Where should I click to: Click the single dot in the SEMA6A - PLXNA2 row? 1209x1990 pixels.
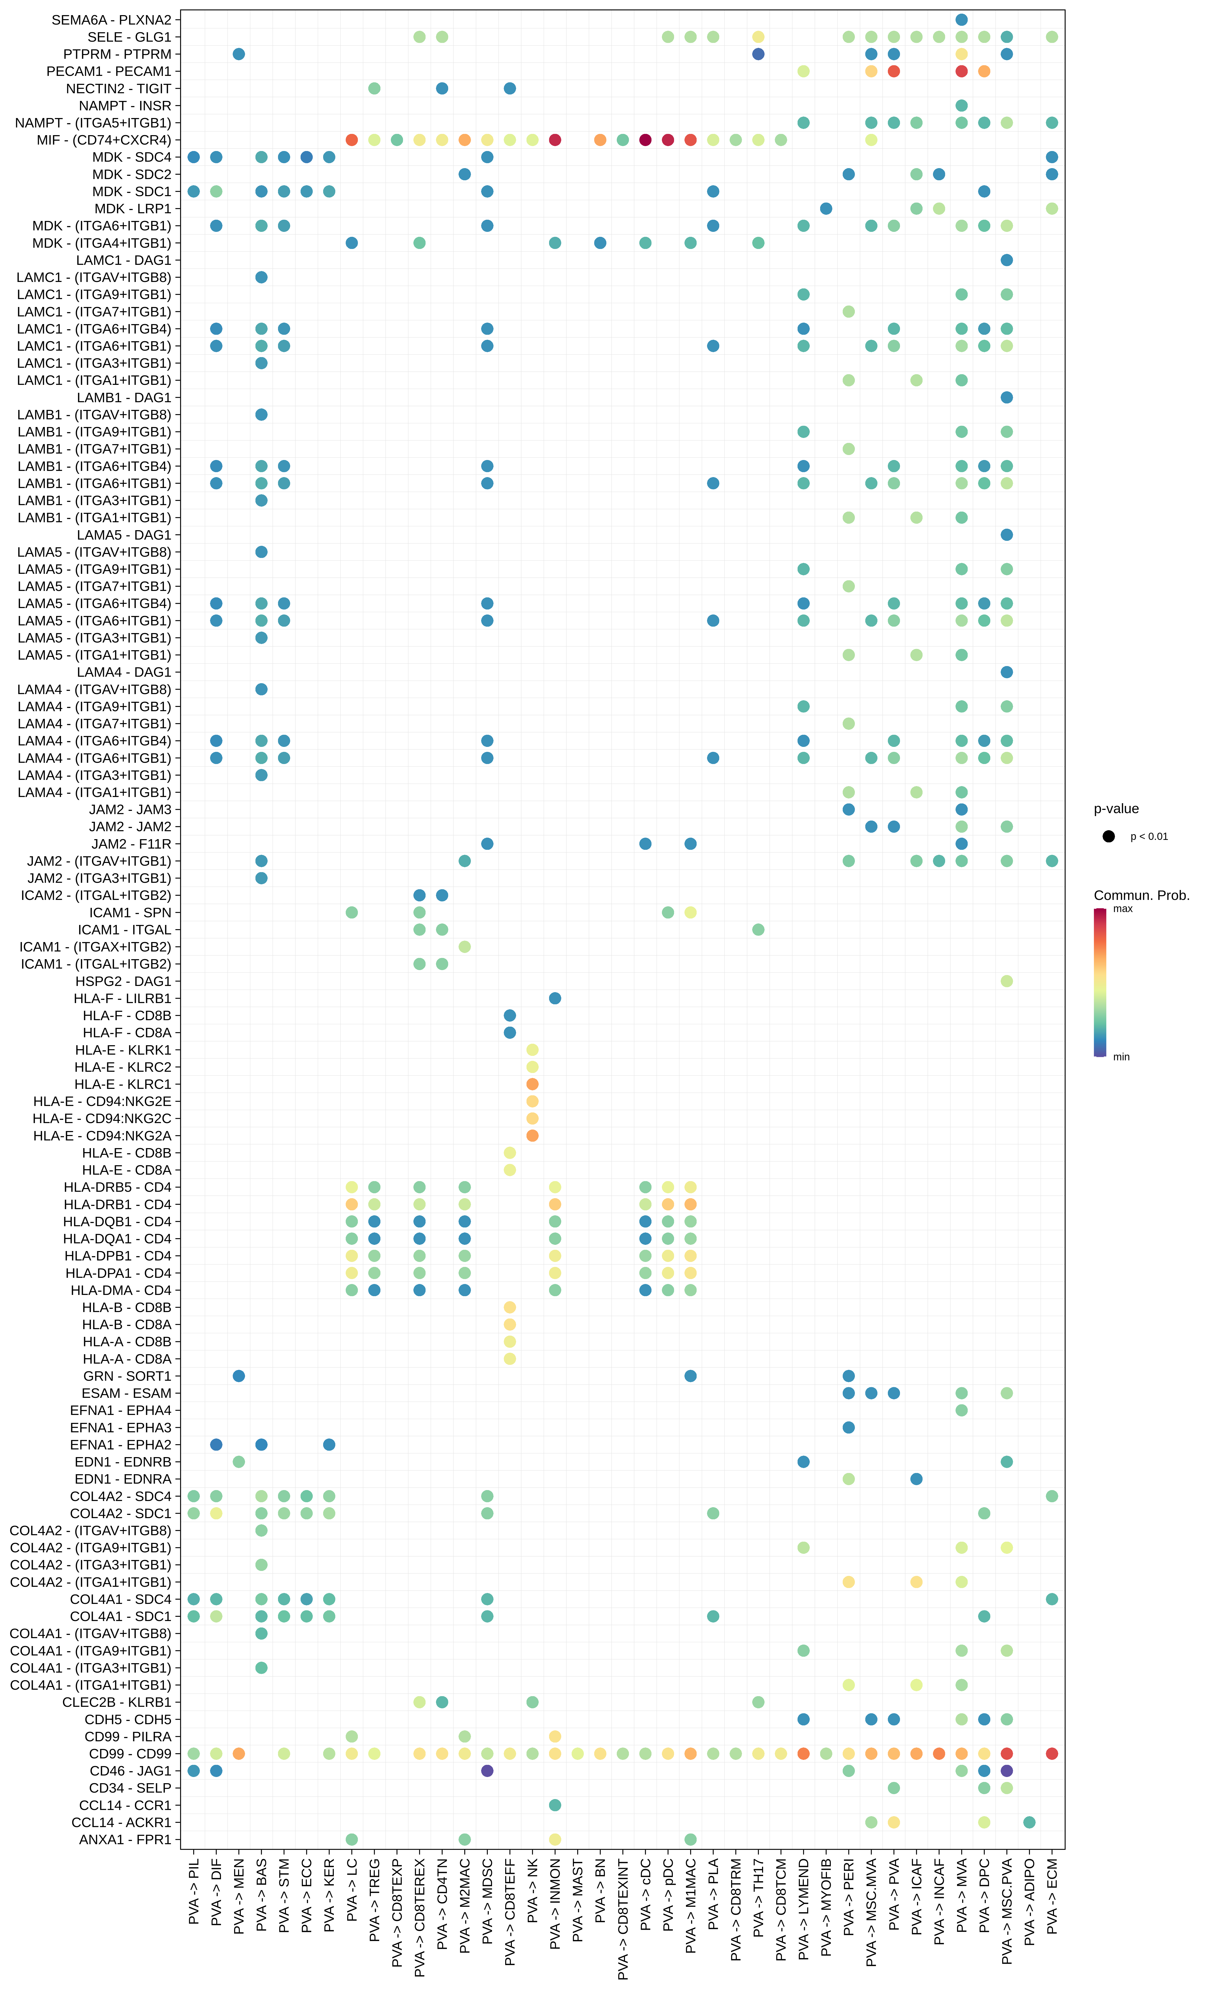point(961,19)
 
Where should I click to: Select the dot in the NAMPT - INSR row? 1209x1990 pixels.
point(961,106)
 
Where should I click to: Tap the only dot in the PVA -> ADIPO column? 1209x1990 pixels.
point(1029,1822)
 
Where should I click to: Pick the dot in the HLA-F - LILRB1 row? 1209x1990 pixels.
point(555,998)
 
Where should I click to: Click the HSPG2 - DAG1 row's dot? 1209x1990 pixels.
point(1006,981)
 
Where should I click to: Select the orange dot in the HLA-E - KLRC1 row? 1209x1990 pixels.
point(532,1084)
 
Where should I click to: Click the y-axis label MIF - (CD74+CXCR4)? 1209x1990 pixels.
point(104,140)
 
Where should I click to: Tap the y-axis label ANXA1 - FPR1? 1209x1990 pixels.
point(125,1839)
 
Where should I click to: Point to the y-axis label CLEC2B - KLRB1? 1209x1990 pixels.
point(117,1702)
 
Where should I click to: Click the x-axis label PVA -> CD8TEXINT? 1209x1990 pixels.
point(623,1918)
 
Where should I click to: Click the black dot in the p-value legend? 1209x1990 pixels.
point(1109,837)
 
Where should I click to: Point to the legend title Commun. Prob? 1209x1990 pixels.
point(1141,895)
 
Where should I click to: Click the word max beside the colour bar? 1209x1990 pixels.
point(1123,909)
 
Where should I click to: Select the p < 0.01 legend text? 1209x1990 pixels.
point(1148,837)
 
